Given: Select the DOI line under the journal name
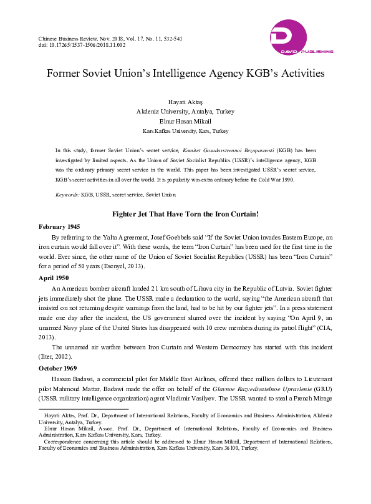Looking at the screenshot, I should coord(82,46).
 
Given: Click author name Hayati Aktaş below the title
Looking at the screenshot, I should coord(185,102).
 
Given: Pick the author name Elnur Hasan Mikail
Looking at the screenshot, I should coord(185,122).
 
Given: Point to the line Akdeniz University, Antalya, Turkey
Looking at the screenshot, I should coord(185,112).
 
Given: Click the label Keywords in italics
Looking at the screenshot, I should coord(67,195).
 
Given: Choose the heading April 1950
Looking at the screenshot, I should coord(54,277).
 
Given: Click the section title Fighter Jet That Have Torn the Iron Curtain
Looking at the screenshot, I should coord(185,214).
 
